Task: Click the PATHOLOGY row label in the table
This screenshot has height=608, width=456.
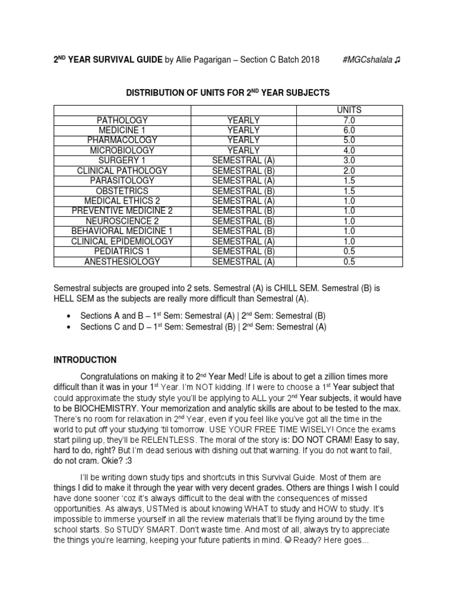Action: point(122,120)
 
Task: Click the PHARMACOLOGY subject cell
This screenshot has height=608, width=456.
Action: point(122,140)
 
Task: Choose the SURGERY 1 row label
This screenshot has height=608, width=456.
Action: point(122,160)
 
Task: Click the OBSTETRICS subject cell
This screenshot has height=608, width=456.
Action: point(122,191)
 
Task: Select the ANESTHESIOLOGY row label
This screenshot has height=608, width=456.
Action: point(122,261)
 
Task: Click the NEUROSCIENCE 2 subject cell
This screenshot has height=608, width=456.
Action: point(122,221)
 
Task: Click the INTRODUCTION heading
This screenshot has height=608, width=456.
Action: point(85,360)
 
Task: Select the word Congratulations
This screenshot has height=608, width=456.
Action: point(116,376)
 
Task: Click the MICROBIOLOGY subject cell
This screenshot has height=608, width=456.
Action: point(122,150)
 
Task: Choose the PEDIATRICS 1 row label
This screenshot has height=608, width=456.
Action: point(122,251)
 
